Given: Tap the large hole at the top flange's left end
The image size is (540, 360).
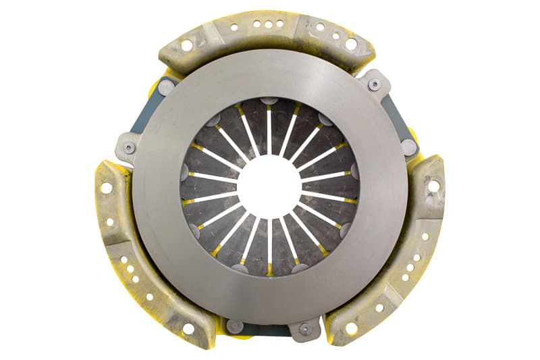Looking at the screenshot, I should point(186,45).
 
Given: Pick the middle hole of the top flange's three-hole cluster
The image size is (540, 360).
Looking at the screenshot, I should point(269,24).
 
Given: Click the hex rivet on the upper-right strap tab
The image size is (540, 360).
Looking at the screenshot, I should point(374,84).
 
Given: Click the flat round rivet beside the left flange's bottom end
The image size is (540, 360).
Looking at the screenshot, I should point(234,326).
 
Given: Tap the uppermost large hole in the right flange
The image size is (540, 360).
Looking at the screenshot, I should point(433,185).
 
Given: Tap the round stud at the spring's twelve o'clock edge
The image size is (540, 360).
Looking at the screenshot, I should point(269,101).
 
